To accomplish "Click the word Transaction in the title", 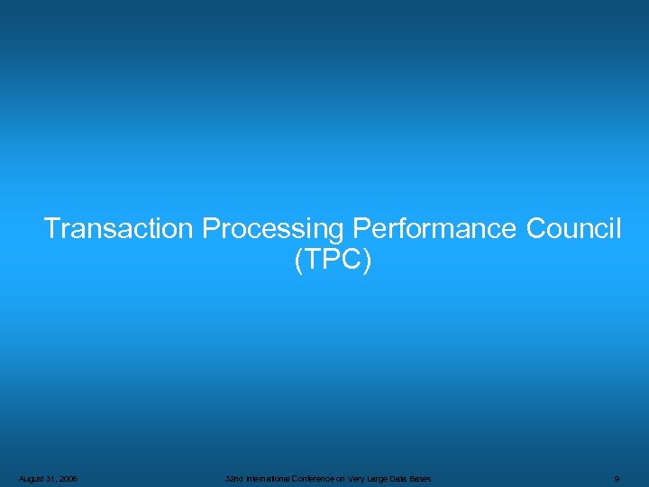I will coord(118,229).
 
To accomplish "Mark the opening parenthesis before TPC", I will coord(298,262).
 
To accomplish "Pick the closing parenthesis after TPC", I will coord(366,262).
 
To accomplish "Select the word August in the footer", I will coord(29,478).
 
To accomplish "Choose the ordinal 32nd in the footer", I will coord(233,478).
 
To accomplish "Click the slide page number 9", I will coord(616,478).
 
